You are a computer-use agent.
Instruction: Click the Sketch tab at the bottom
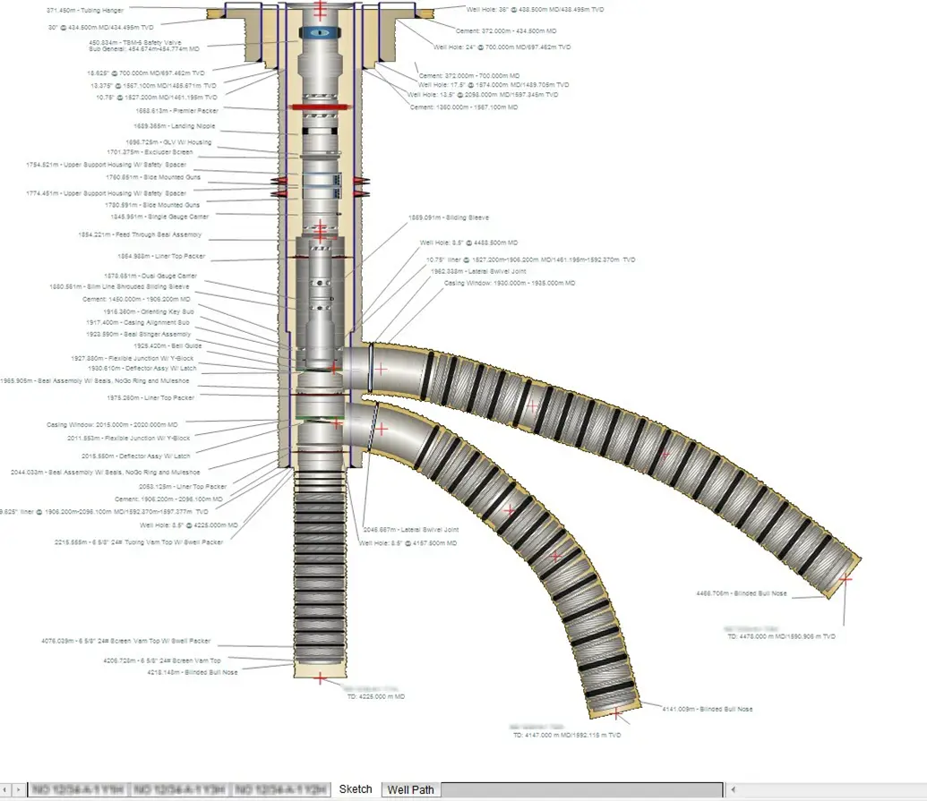[355, 789]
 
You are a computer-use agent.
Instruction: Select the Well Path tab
[410, 789]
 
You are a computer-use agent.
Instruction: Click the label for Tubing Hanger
[85, 10]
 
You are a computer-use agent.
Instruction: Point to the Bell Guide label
[167, 345]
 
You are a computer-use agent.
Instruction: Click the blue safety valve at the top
[321, 32]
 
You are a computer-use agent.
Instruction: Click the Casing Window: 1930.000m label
[510, 283]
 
